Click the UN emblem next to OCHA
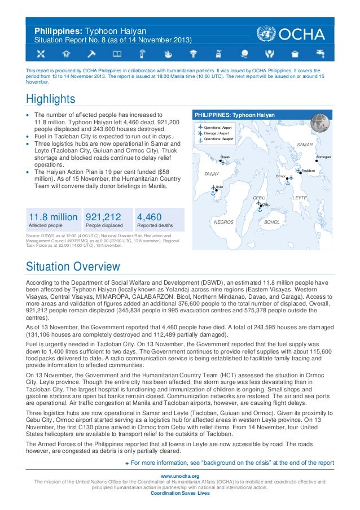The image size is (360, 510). [263, 34]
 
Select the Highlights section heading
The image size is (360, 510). [51, 99]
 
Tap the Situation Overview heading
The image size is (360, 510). [73, 266]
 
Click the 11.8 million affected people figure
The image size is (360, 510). [53, 217]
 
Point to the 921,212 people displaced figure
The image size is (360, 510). [103, 217]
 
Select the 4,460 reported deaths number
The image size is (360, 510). [150, 217]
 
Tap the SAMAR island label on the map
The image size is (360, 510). [304, 145]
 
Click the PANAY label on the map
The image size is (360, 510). [212, 175]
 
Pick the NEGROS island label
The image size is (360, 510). [223, 222]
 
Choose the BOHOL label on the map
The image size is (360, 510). [272, 222]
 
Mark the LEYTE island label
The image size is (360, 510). [300, 198]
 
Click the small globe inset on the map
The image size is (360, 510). [320, 121]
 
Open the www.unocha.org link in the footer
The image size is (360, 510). [180, 476]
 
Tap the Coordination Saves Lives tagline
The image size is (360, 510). [180, 493]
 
